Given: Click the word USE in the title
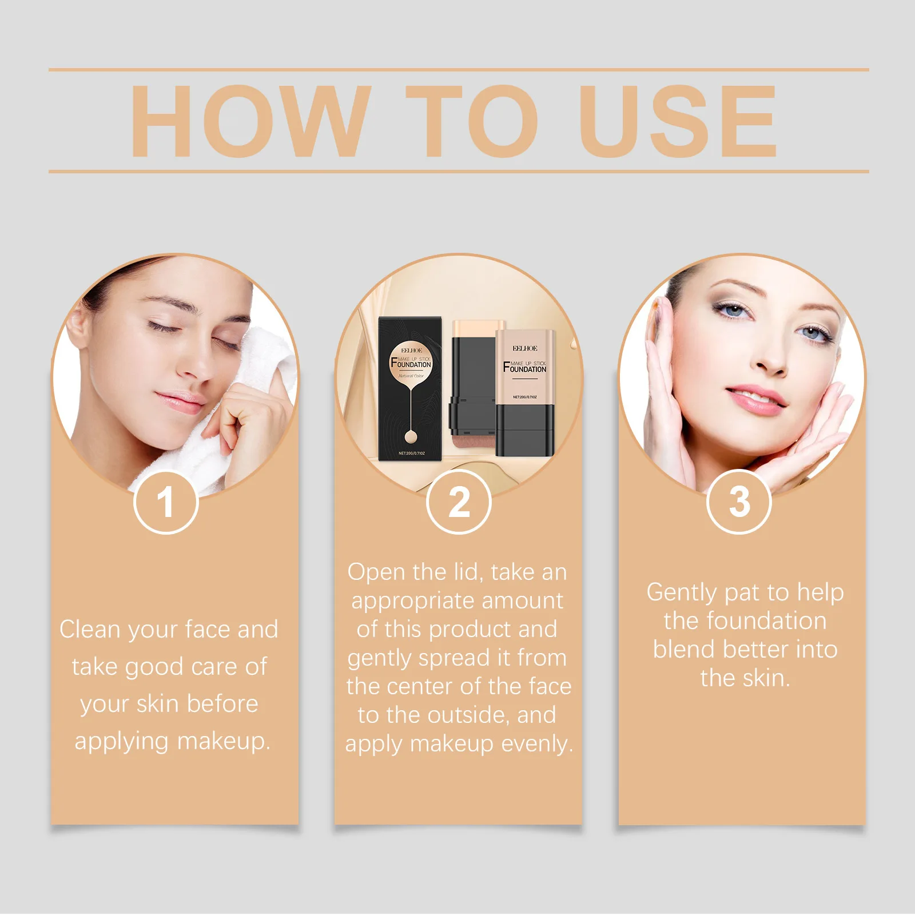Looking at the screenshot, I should tap(678, 121).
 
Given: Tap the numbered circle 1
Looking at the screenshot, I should tap(166, 502).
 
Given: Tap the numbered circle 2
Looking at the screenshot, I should tap(459, 502).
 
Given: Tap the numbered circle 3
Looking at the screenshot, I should tap(739, 502).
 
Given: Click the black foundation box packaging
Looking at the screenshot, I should tap(411, 389).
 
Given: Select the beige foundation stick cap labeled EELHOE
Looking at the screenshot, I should tap(525, 366).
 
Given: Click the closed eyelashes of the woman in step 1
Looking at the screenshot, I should tap(163, 328).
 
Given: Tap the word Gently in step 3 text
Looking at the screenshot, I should tap(682, 592).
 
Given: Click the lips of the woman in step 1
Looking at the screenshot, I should tap(179, 402).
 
